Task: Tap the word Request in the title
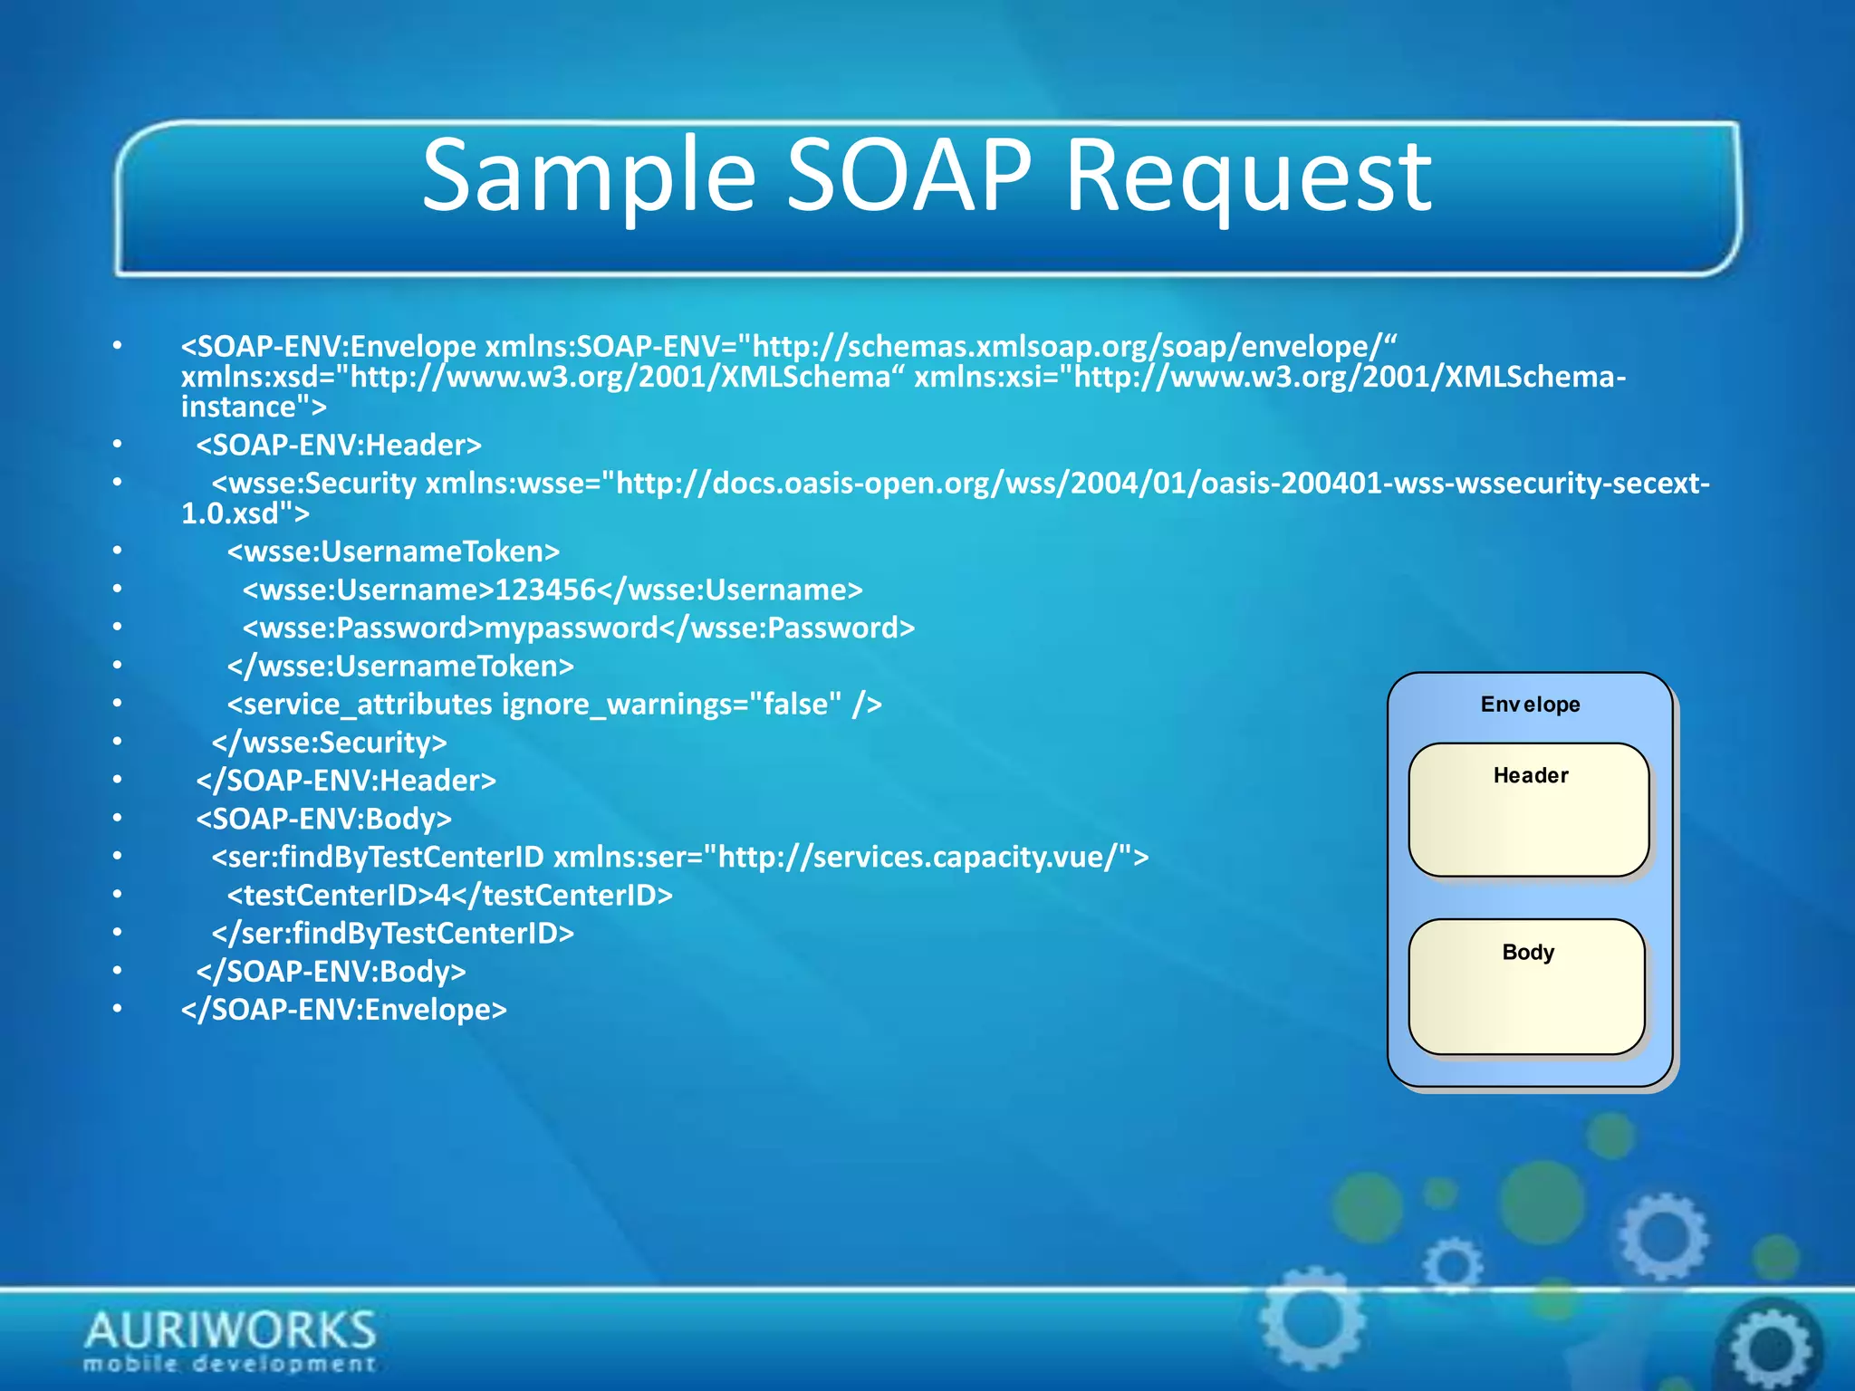[1248, 177]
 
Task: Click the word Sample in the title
[589, 177]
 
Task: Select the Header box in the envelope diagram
[1529, 810]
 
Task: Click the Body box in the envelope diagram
[1527, 986]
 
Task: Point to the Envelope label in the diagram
[1530, 705]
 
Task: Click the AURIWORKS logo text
[230, 1330]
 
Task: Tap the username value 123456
[545, 590]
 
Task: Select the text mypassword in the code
[572, 628]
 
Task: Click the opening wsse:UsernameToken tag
[393, 552]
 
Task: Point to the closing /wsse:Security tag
[330, 743]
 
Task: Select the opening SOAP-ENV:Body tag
[324, 819]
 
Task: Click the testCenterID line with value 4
[449, 896]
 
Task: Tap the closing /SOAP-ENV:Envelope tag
[344, 1010]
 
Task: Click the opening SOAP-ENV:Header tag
[339, 446]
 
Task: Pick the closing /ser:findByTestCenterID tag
[393, 934]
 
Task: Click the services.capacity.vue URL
[924, 858]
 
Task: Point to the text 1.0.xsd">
[245, 514]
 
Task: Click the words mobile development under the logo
[230, 1364]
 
